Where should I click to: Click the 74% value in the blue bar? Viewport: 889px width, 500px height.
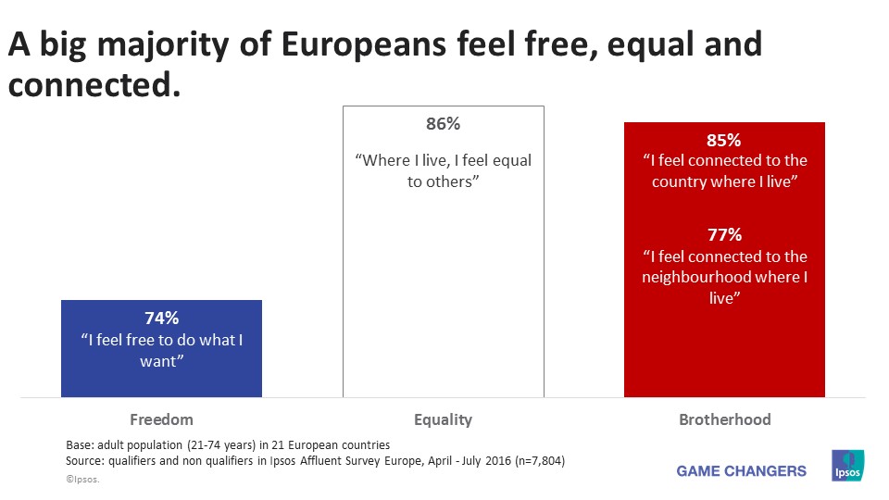(161, 319)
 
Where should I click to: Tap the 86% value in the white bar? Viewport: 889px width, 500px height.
(443, 124)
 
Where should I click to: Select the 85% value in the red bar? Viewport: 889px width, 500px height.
(723, 141)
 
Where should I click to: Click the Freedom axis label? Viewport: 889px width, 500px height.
(162, 419)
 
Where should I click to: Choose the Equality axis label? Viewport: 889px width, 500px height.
(443, 419)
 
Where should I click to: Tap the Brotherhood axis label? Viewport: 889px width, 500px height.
(724, 419)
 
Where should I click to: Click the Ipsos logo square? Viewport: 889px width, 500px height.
(848, 466)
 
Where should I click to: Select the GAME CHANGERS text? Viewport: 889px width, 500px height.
(741, 470)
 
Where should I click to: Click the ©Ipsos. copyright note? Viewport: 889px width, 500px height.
(82, 481)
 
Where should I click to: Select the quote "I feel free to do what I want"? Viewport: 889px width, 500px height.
(161, 350)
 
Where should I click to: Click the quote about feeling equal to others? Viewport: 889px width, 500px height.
(443, 171)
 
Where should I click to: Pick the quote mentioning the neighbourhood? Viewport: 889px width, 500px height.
(723, 277)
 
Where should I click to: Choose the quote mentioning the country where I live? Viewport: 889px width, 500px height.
(723, 171)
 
